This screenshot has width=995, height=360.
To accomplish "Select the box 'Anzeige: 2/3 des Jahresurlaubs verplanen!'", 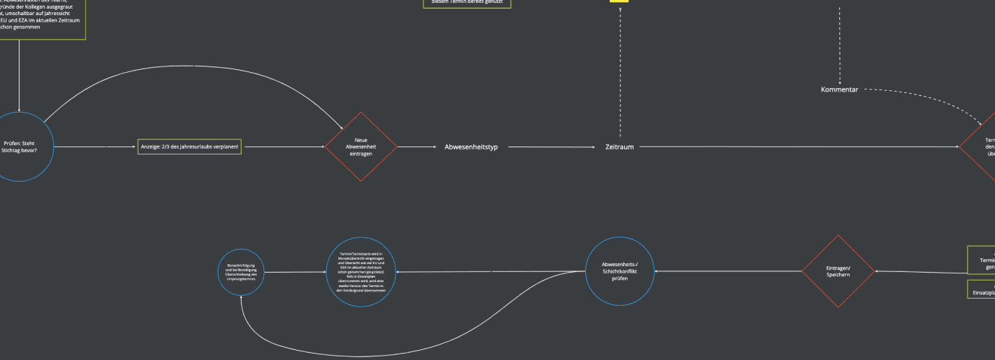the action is coord(189,147).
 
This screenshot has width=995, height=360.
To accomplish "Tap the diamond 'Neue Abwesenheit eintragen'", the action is coord(361,147).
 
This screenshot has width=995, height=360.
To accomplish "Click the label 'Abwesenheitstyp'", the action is coord(471,147).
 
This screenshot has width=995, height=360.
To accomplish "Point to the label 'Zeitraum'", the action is coord(619,147).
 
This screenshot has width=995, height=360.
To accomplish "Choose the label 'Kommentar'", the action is coord(839,89).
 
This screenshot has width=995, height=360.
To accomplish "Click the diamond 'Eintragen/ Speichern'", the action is coord(838,271).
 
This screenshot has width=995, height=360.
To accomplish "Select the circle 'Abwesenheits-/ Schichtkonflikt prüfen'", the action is coord(619,271).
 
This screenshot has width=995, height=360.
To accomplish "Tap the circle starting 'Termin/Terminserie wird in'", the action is coord(361,272).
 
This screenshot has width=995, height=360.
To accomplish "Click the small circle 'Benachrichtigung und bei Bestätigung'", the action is coord(241,272).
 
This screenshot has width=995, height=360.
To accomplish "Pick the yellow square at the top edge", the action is coord(619,1).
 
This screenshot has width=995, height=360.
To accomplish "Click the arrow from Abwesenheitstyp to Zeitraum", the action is coord(552,147).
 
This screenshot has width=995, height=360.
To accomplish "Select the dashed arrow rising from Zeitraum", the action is coord(620,72).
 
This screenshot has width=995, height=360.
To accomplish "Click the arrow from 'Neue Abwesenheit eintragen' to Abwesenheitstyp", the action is coord(417,147).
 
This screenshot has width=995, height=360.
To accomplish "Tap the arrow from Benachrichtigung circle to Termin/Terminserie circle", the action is coord(294,272).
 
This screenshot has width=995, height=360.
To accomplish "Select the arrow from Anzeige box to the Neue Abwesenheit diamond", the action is coord(283,147).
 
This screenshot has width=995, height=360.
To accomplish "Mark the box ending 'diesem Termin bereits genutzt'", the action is coord(466,3).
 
